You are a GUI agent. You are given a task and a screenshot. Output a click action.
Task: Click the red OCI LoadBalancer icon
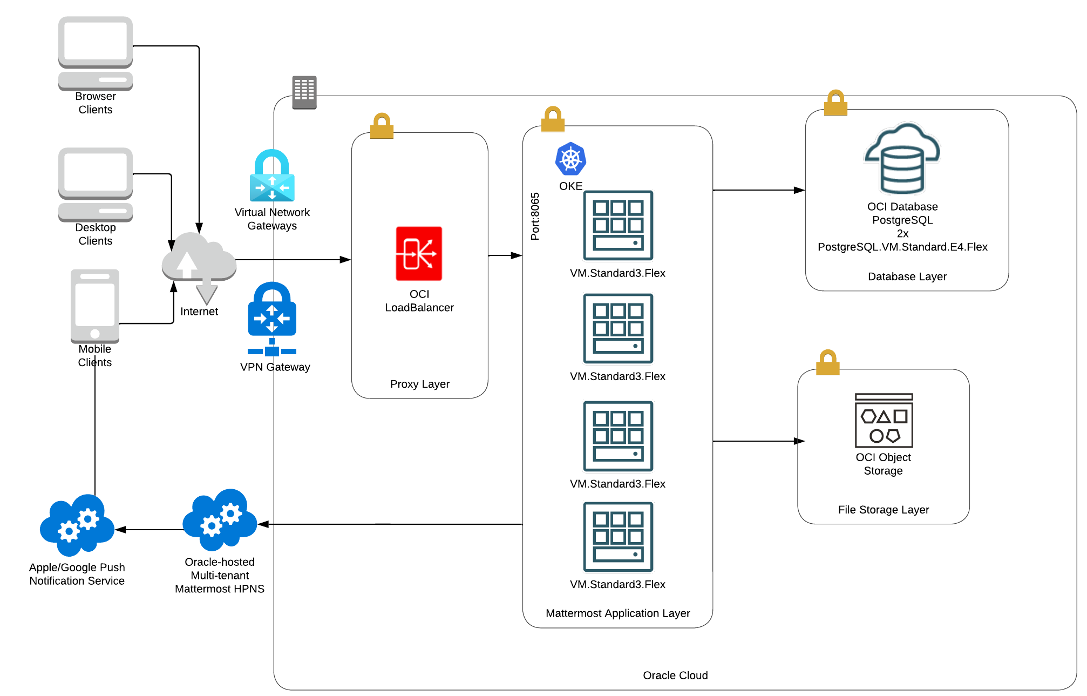pyautogui.click(x=419, y=253)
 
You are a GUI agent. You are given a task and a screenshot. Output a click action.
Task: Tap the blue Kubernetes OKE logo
pyautogui.click(x=570, y=159)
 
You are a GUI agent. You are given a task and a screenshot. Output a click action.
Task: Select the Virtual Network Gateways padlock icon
pyautogui.click(x=272, y=176)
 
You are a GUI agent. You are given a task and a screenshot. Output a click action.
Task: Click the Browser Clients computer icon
pyautogui.click(x=96, y=53)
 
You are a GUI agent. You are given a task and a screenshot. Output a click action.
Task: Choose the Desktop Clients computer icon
pyautogui.click(x=96, y=184)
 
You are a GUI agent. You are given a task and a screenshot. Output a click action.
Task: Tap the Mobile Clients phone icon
pyautogui.click(x=95, y=305)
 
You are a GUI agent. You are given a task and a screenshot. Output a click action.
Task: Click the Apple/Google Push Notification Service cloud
pyautogui.click(x=77, y=525)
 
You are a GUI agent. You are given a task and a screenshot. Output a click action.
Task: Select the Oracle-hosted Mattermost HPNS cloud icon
pyautogui.click(x=220, y=520)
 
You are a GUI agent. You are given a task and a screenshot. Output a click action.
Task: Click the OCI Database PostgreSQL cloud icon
pyautogui.click(x=902, y=159)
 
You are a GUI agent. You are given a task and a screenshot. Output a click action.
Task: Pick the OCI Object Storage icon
pyautogui.click(x=884, y=421)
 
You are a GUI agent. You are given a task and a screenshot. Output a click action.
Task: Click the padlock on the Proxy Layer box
pyautogui.click(x=382, y=126)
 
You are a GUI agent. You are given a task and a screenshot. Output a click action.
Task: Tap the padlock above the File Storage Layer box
pyautogui.click(x=827, y=363)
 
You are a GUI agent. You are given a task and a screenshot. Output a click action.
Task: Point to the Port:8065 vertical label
pyautogui.click(x=535, y=216)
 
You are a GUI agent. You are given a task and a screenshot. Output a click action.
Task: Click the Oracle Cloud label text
pyautogui.click(x=675, y=675)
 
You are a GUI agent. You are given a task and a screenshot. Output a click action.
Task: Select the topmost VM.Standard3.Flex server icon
pyautogui.click(x=618, y=226)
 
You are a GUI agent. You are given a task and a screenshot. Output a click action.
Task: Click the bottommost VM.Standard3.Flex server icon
pyautogui.click(x=618, y=537)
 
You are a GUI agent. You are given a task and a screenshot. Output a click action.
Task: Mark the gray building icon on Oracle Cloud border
pyautogui.click(x=304, y=92)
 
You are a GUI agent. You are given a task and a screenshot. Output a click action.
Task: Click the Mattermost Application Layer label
pyautogui.click(x=617, y=613)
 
